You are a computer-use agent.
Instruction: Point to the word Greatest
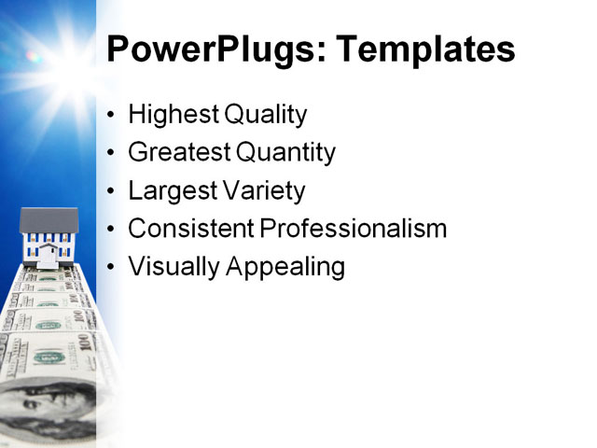(178, 153)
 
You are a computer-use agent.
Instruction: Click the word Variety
(263, 191)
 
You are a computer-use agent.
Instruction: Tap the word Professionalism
(354, 229)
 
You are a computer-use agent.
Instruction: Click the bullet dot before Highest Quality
(112, 116)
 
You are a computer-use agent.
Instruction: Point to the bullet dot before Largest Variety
(112, 191)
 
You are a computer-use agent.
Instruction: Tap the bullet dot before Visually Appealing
(112, 267)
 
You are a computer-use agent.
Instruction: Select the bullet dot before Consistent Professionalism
(112, 230)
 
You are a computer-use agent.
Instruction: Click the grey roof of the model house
(49, 219)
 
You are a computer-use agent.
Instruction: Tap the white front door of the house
(47, 255)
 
